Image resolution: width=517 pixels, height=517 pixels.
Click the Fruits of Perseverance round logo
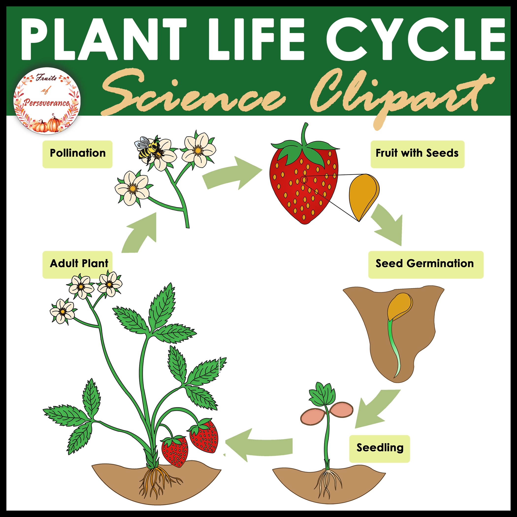(x=47, y=100)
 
